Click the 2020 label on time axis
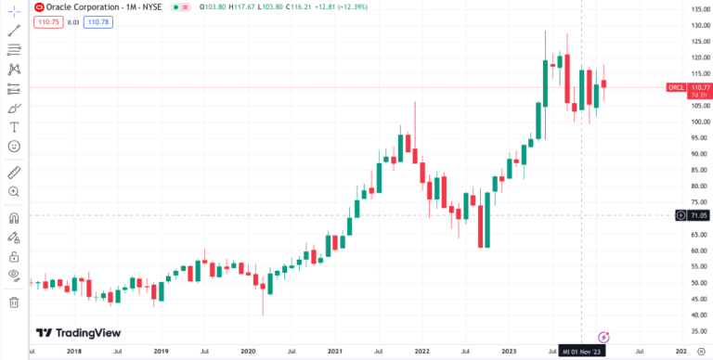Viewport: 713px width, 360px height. tap(248, 352)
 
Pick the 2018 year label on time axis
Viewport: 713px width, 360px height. tap(74, 352)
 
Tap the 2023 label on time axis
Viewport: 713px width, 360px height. tap(510, 352)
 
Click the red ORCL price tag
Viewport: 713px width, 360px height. tap(676, 87)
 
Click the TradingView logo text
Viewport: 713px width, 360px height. tap(78, 333)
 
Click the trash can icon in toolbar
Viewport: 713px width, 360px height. tap(14, 302)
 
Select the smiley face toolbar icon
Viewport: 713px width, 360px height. tap(14, 147)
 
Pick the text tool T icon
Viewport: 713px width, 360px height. tap(14, 127)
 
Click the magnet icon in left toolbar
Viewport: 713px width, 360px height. tap(14, 218)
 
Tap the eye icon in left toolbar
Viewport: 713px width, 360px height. tap(14, 276)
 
